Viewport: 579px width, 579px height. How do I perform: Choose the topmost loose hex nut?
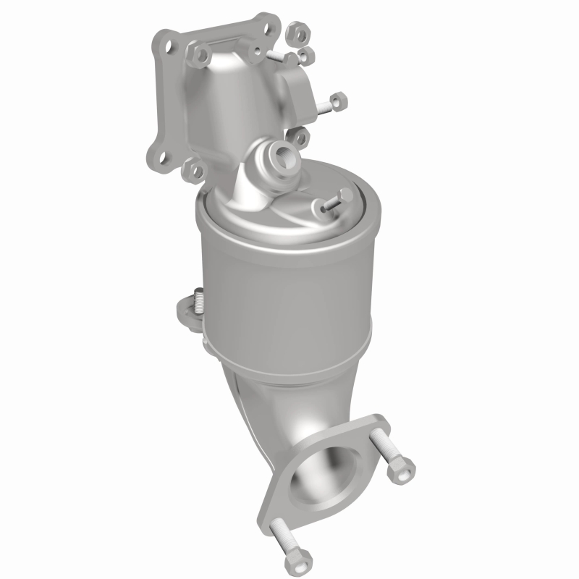pos(297,33)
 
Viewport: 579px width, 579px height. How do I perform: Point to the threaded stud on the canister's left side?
pos(197,297)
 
